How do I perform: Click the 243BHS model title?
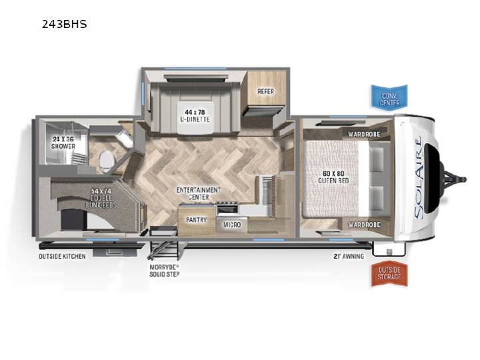coord(64,24)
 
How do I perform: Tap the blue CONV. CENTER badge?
coord(389,97)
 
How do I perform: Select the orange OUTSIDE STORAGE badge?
coord(389,273)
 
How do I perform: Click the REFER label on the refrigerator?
coord(266,91)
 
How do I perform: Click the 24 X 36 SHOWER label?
coord(63,143)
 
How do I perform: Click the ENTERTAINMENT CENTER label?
coord(199,193)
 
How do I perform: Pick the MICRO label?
coord(232,225)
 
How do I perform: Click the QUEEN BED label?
coord(333,177)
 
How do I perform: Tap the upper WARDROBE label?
coord(364,134)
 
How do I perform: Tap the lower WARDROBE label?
coord(364,225)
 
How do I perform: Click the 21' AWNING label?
coord(349,256)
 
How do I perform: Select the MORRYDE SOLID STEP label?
coord(165,270)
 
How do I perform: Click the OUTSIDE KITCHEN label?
coord(62,256)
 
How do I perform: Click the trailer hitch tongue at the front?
coord(454,179)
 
